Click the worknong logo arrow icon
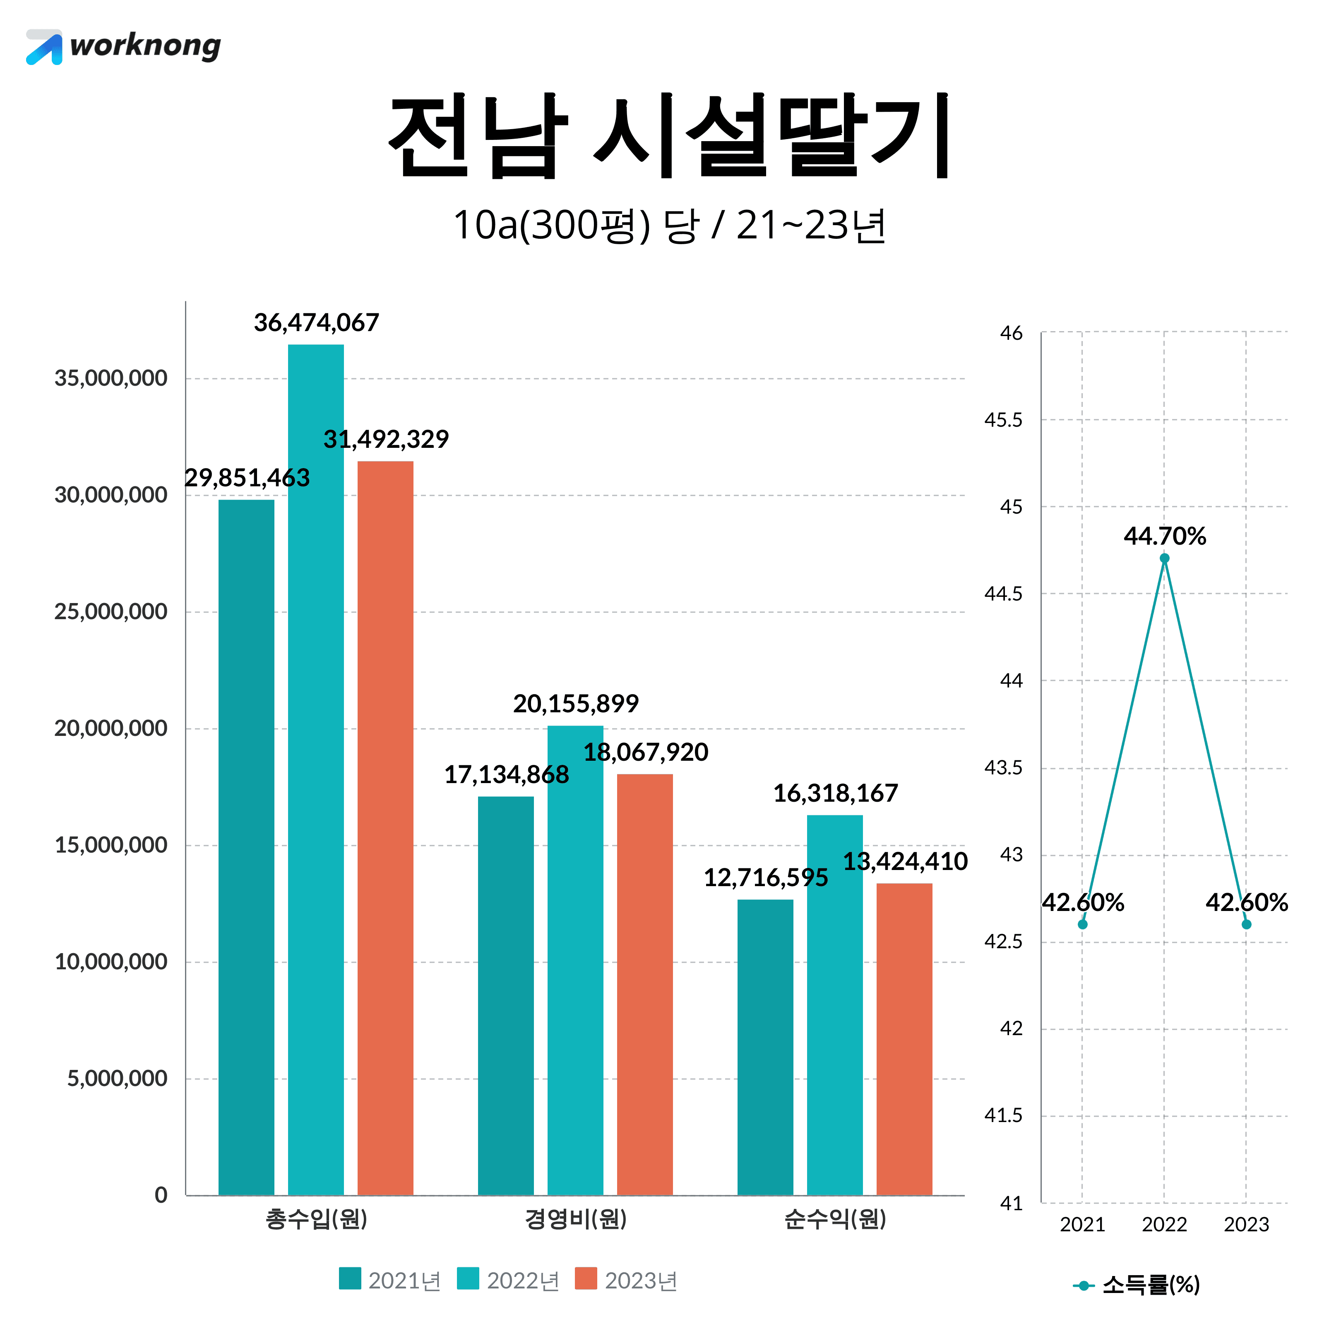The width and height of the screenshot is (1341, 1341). (44, 47)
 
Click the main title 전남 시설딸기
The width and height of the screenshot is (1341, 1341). (670, 136)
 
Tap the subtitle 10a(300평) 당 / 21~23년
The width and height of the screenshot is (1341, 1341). (670, 226)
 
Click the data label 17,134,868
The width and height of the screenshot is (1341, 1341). (506, 775)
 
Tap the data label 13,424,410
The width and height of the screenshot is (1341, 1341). (905, 861)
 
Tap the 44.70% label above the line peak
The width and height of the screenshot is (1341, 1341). (1165, 536)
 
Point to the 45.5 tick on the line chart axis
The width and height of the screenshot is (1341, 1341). (1004, 420)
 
